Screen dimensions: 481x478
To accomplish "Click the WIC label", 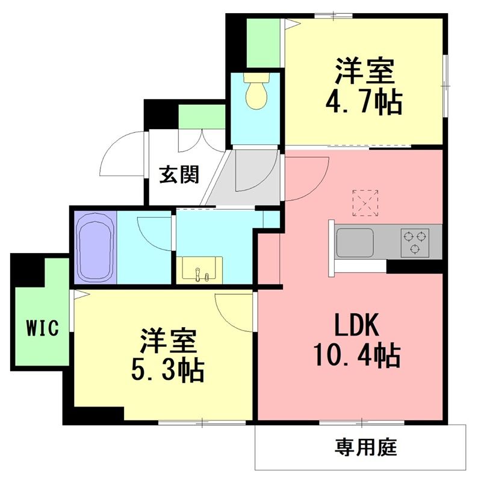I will point(42,328).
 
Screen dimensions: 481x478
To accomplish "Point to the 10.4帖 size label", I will point(356,356).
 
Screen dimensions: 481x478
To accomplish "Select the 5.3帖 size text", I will point(168,369).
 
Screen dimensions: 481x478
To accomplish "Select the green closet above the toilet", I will point(262,43).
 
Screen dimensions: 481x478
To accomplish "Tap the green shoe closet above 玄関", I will point(202,117).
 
